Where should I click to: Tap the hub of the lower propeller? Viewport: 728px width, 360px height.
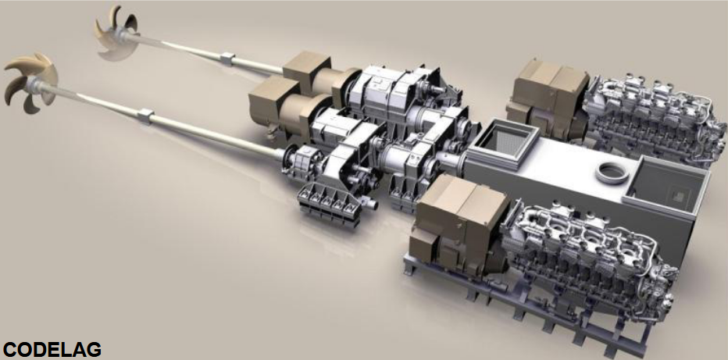(x=35, y=84)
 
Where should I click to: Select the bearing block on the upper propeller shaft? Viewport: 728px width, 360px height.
(x=227, y=59)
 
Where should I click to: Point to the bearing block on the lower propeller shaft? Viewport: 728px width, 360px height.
(x=146, y=116)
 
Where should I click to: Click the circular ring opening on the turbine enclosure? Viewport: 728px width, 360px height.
(x=612, y=173)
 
